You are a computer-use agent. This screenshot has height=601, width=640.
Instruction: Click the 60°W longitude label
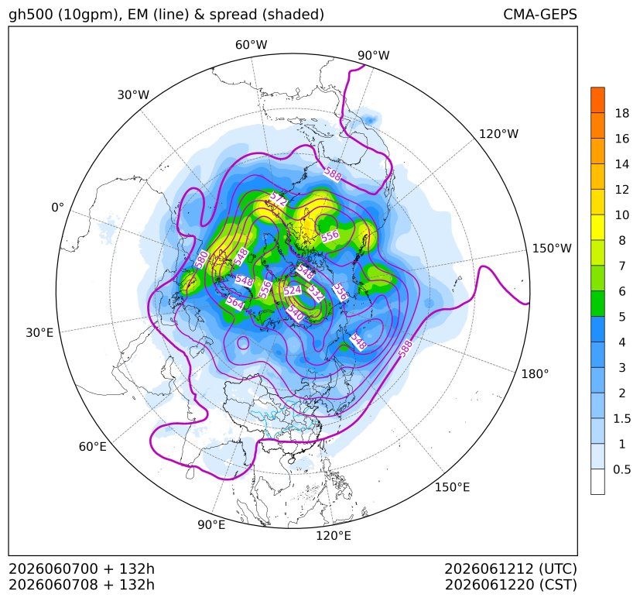251,45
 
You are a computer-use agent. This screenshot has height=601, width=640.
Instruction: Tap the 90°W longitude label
374,56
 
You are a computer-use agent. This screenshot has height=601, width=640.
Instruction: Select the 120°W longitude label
498,134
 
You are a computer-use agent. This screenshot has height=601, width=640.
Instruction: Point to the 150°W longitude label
552,249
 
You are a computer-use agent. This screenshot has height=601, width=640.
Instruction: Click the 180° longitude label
535,374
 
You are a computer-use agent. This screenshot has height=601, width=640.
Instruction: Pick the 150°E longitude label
452,487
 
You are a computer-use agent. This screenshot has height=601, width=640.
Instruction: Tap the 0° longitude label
57,208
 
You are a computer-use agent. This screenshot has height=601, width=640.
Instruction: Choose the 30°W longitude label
133,95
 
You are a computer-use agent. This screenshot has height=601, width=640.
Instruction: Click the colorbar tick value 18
622,114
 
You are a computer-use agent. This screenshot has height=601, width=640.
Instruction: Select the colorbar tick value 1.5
621,419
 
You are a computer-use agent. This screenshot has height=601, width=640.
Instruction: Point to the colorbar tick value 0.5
621,469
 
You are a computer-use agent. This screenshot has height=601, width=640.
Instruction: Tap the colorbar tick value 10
622,215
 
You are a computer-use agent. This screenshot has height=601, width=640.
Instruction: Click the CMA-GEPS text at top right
540,15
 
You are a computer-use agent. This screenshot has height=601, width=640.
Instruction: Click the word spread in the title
233,15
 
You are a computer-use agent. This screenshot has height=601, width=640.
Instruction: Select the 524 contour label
293,290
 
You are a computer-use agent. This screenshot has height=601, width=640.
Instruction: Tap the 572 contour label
279,199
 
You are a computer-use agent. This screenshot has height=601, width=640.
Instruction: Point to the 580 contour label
202,260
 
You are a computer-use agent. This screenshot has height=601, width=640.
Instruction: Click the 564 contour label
235,303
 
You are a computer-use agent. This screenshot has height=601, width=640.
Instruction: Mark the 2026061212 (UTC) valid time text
511,569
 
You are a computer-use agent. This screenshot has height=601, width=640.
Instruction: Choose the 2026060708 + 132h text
81,585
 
